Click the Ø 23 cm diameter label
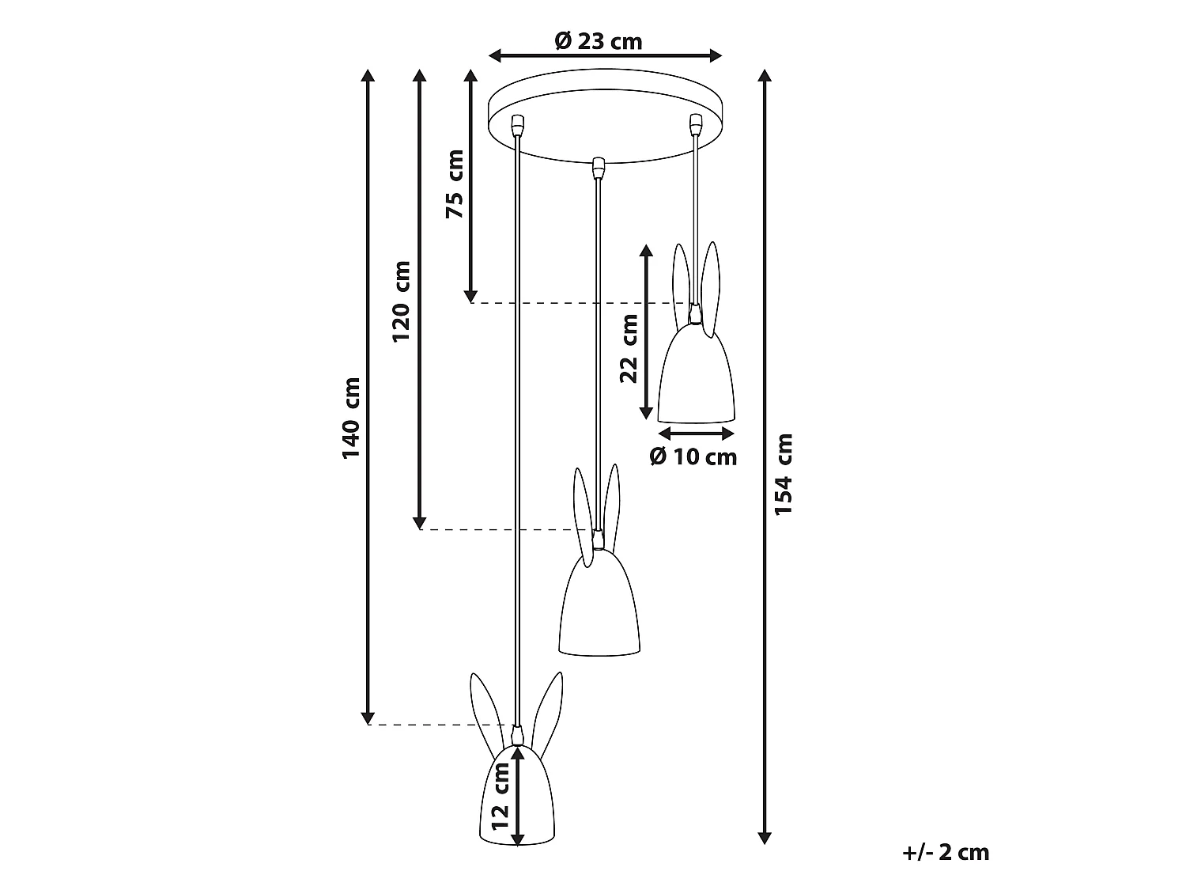(x=599, y=40)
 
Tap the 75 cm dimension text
(x=455, y=184)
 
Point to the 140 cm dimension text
(x=351, y=418)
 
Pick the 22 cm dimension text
(x=629, y=348)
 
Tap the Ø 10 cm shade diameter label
(x=693, y=456)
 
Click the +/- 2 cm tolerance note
(x=945, y=852)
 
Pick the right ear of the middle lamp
(x=610, y=502)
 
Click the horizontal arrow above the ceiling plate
(x=606, y=55)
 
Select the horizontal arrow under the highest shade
(x=697, y=433)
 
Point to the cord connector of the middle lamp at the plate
(x=598, y=167)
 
